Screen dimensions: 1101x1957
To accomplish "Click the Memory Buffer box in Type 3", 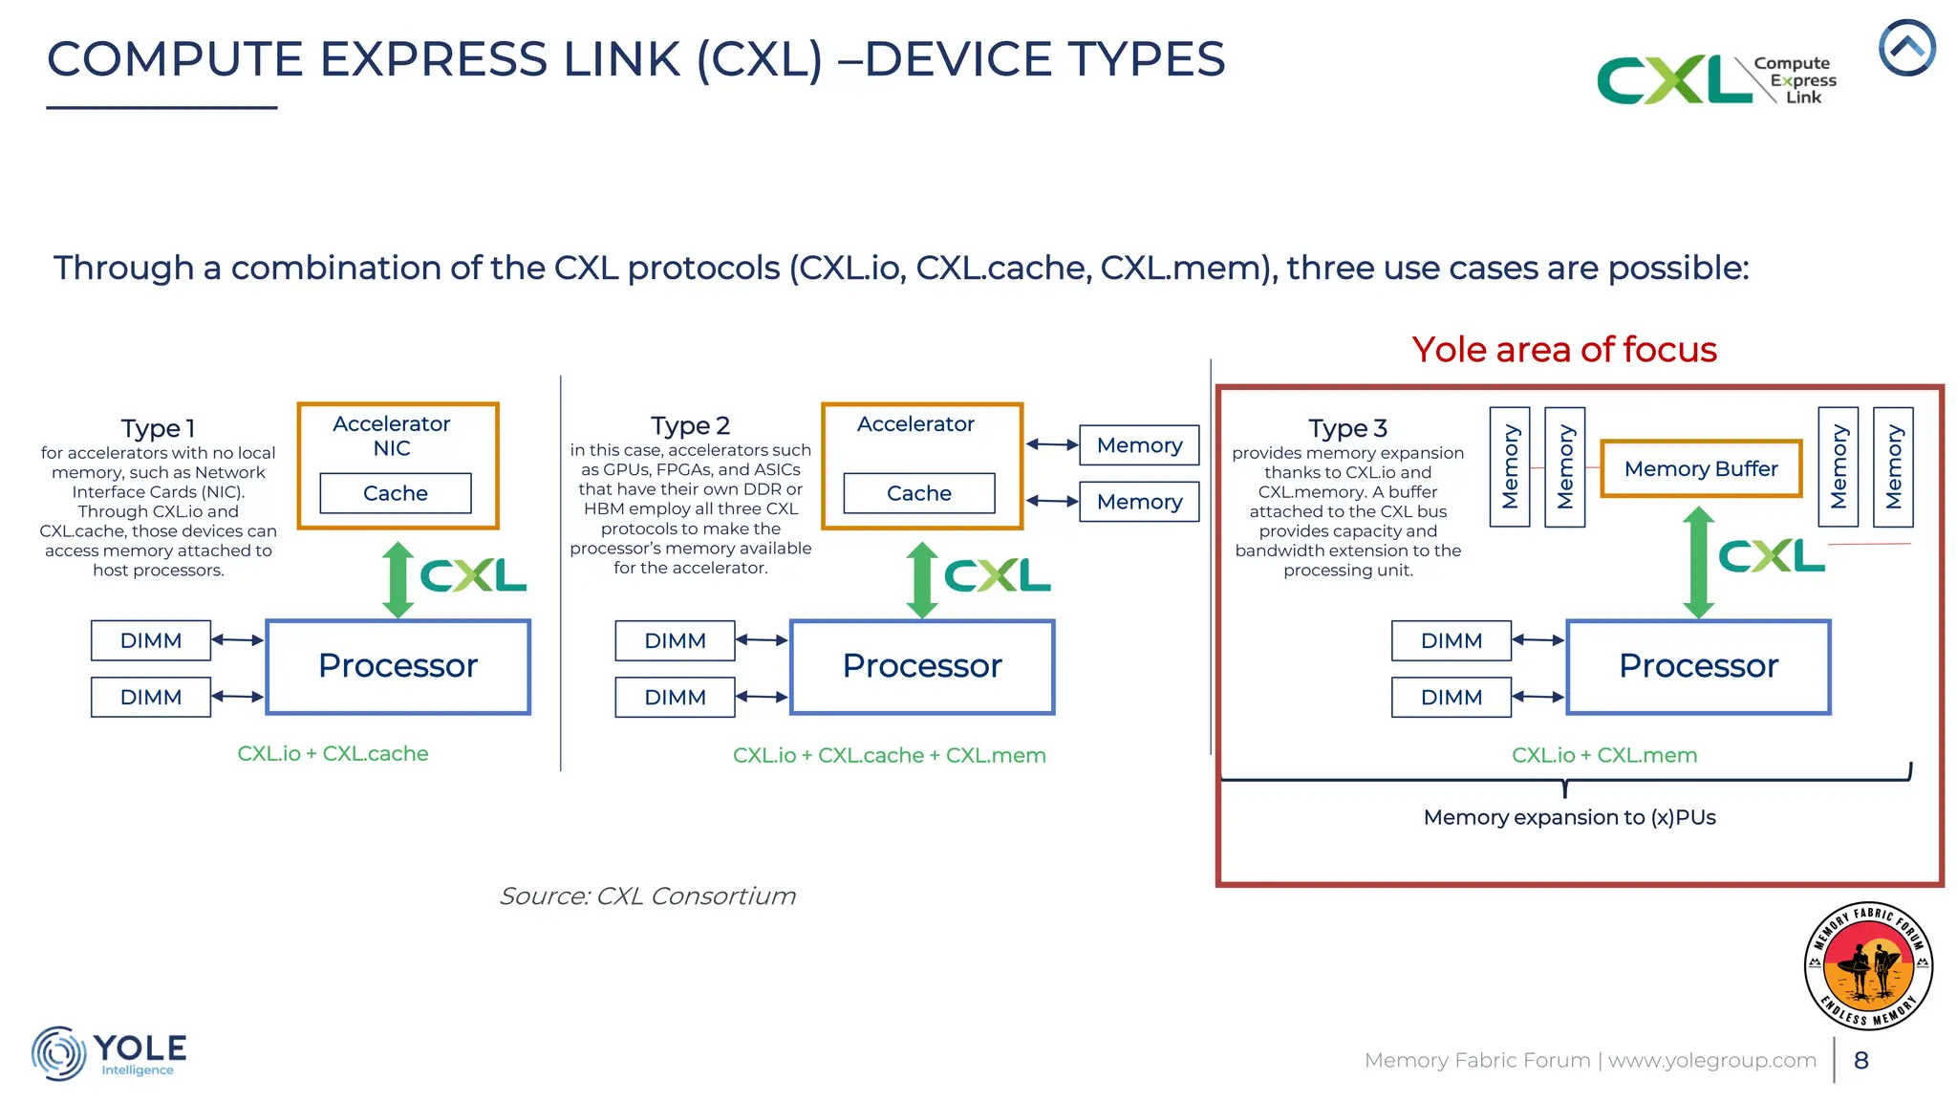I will [1701, 468].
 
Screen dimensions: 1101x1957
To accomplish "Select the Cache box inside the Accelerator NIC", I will [395, 493].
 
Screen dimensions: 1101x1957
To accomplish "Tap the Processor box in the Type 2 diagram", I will [922, 666].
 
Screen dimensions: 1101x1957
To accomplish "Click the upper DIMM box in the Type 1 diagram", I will [151, 640].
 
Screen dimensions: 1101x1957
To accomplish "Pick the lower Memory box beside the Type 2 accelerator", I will [1139, 502].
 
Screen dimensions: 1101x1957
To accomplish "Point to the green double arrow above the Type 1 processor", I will [398, 580].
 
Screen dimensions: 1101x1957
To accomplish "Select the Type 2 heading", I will [690, 425].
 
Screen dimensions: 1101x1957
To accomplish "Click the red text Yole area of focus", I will [1564, 350].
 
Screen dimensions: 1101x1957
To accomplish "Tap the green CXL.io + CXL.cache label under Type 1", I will [333, 753].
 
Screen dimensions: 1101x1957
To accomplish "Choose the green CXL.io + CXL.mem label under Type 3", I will [1604, 755].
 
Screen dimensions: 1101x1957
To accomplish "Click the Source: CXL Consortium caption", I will [647, 896].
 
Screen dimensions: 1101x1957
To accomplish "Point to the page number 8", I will [1861, 1060].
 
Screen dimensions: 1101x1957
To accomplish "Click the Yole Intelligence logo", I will [109, 1053].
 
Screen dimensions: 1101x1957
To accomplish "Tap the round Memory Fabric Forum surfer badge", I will [1868, 965].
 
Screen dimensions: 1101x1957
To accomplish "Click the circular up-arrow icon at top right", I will [1906, 48].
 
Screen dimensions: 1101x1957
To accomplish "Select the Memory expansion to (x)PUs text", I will [1569, 817].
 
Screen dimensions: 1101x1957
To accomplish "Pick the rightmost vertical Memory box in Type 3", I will [1893, 466].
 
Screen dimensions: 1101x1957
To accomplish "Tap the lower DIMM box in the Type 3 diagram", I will [1452, 697].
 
